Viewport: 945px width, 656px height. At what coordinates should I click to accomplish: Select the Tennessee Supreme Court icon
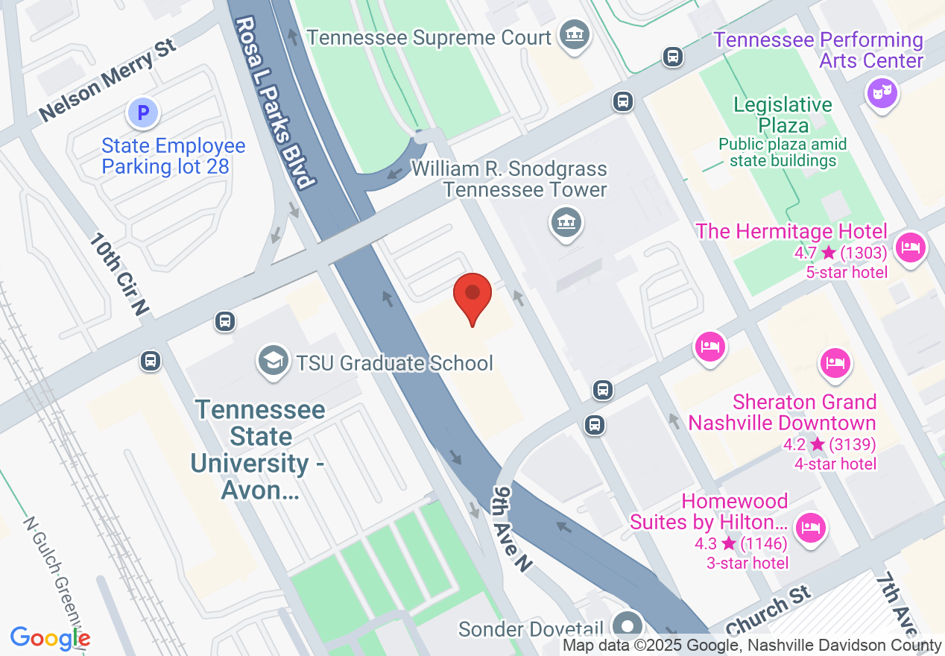pos(575,36)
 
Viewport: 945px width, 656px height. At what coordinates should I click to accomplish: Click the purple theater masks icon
pos(882,93)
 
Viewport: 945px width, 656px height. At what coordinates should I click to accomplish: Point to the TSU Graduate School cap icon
pos(274,361)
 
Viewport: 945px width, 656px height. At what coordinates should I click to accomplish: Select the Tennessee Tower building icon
pos(566,221)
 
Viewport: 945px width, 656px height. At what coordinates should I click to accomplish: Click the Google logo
pos(50,638)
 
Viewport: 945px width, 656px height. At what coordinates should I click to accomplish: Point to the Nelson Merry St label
pos(107,81)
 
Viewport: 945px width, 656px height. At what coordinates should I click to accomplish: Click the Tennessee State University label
pos(260,450)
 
